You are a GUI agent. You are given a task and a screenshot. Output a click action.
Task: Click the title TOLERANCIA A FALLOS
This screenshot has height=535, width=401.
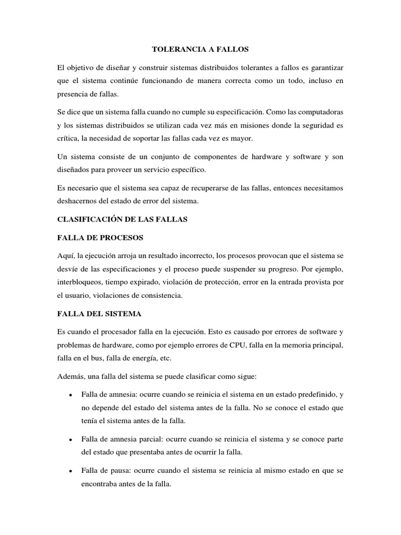[x=200, y=50]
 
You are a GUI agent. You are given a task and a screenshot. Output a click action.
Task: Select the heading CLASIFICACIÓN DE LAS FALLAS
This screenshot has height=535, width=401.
[x=122, y=220]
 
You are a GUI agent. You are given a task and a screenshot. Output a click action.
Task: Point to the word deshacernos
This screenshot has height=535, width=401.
[x=80, y=201]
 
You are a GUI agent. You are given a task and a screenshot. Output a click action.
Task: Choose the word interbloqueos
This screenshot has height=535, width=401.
[x=80, y=282]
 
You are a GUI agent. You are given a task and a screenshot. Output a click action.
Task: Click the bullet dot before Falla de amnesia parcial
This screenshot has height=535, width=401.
[x=69, y=439]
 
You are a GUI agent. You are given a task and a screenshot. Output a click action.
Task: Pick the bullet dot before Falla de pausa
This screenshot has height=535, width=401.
[x=69, y=471]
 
